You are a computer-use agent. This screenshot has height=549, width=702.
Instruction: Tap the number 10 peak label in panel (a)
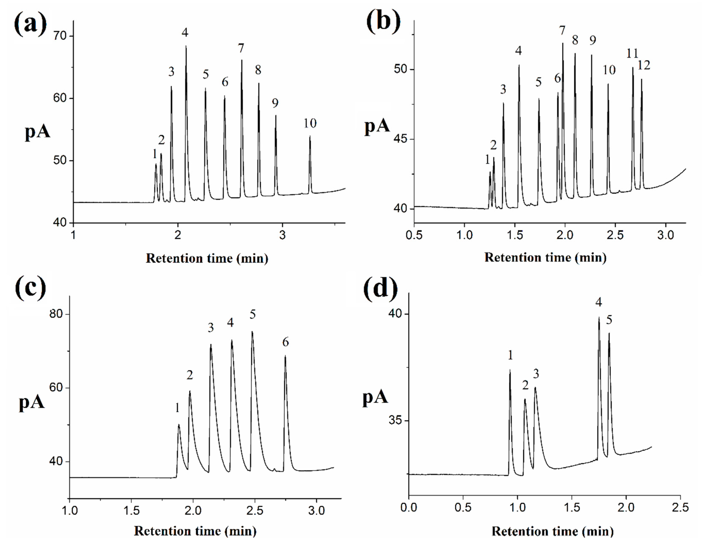click(x=310, y=123)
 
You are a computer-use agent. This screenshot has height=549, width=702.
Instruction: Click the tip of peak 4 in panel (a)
click(x=186, y=46)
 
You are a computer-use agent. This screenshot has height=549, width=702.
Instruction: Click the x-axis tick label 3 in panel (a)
click(x=282, y=235)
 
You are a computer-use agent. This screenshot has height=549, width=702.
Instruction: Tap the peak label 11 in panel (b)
click(x=632, y=53)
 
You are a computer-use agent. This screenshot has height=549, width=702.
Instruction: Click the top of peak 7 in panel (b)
click(x=563, y=43)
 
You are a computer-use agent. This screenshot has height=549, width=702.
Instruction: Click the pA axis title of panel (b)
click(x=377, y=126)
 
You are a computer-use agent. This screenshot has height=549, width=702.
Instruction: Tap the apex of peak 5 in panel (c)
click(x=252, y=332)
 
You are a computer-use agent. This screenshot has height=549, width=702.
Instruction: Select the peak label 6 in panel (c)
click(x=285, y=342)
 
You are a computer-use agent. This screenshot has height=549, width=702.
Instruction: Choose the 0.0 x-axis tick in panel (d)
click(x=408, y=508)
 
